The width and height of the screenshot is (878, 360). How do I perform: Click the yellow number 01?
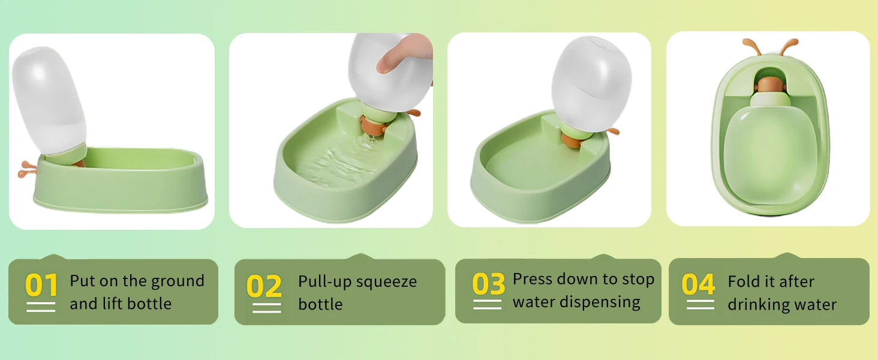coord(41,285)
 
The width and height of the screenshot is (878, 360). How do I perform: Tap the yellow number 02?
coord(264,286)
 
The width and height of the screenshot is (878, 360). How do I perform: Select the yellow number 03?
coord(488,284)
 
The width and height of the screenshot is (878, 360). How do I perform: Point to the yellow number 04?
coord(698,284)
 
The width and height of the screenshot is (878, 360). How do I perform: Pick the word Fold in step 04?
coord(741,281)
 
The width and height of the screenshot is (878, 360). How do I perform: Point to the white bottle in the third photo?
coord(591,83)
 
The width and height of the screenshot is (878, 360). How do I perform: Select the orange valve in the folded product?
coord(769,85)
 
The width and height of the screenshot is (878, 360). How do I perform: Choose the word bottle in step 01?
coord(149,304)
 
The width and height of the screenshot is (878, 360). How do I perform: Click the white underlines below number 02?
coord(266,308)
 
